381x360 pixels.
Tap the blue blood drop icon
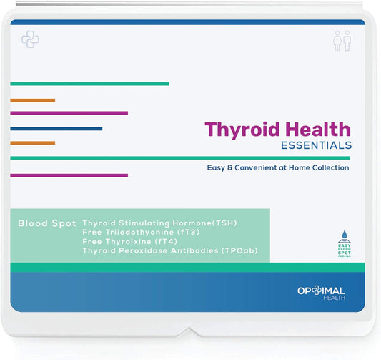(x=345, y=235)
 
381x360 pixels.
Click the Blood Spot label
(x=46, y=224)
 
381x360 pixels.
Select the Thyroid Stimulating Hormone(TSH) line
(x=159, y=223)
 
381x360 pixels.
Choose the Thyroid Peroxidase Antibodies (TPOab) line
(x=169, y=251)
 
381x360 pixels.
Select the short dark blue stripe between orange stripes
(x=56, y=129)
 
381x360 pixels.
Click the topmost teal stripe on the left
(x=89, y=84)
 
